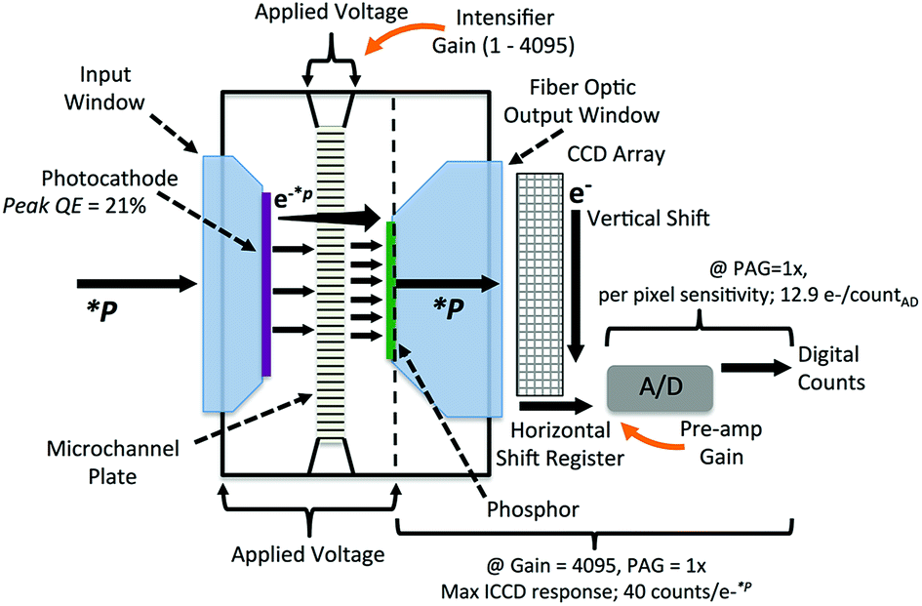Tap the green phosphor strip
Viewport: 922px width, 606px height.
tap(391, 291)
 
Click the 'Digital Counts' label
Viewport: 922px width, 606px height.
tap(831, 368)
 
